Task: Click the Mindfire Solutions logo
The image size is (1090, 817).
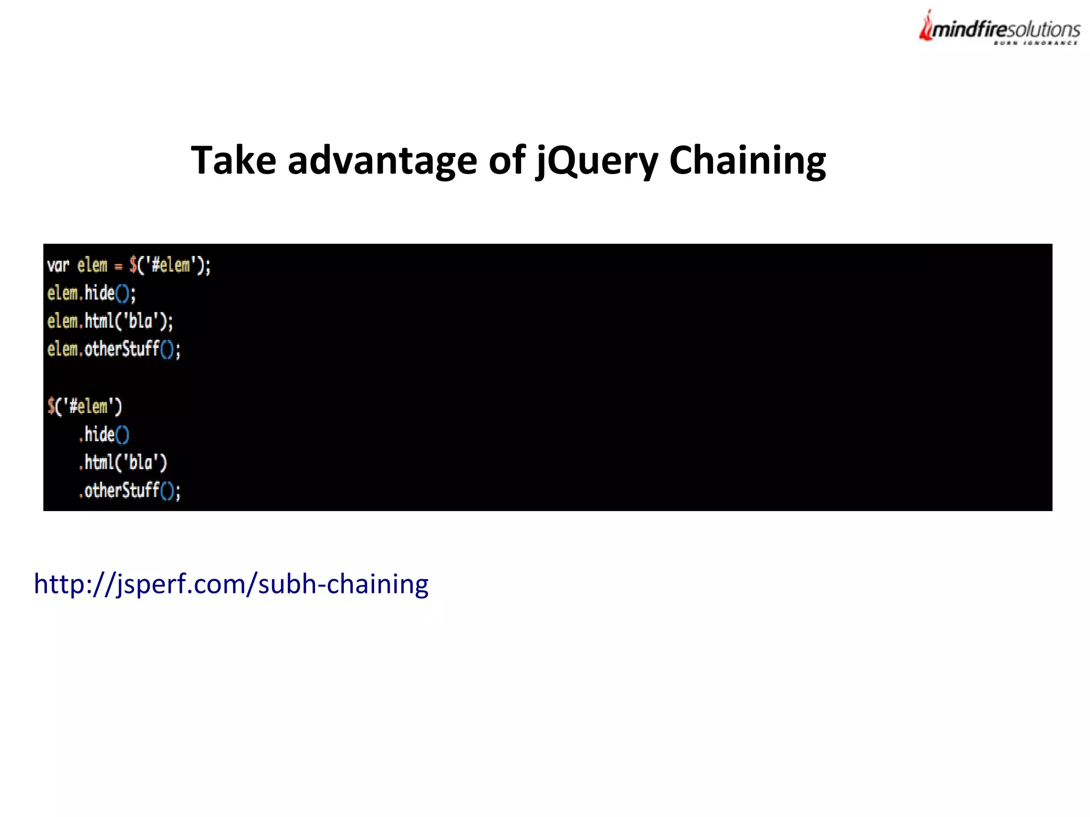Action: [x=1000, y=28]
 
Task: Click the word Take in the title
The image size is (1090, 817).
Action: [x=233, y=160]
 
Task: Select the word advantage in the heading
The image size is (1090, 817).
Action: [x=382, y=160]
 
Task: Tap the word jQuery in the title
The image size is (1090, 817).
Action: [x=597, y=160]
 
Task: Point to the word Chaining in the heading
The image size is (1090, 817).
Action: [x=747, y=160]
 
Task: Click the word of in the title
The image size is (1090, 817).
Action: [x=507, y=160]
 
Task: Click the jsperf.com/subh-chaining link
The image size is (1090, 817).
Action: [x=231, y=584]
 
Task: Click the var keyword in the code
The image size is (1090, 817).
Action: [x=58, y=265]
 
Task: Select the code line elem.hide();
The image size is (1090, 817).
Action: [x=92, y=293]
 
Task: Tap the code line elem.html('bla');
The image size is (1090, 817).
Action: [x=110, y=321]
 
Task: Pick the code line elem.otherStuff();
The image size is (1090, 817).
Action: [x=114, y=349]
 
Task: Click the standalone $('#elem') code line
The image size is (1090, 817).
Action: [x=85, y=407]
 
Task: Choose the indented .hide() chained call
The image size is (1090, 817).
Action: [x=104, y=435]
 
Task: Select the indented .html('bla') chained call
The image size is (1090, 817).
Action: [x=123, y=463]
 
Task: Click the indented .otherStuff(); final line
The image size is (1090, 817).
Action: [x=129, y=490]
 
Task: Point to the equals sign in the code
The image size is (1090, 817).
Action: [x=118, y=267]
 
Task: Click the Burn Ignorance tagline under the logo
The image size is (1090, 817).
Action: [x=1035, y=43]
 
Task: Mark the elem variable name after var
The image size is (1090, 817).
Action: [x=92, y=265]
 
